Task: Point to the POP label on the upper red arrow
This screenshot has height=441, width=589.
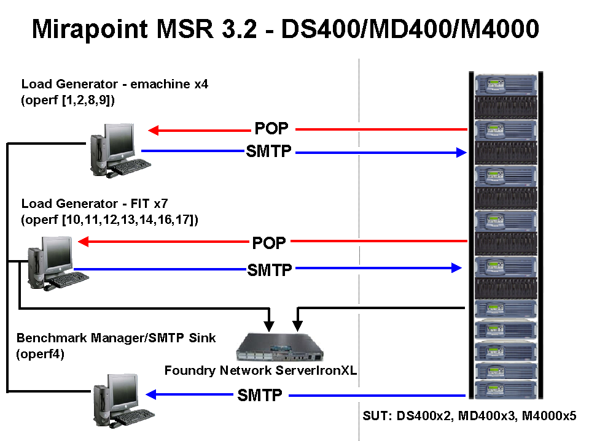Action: point(271,129)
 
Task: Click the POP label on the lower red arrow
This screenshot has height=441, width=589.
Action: point(269,243)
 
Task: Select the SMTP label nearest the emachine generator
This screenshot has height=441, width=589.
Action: point(268,151)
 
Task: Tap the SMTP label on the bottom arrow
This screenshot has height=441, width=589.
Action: point(260,395)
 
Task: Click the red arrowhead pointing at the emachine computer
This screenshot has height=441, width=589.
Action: point(154,129)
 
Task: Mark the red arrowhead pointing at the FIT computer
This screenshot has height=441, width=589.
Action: point(84,242)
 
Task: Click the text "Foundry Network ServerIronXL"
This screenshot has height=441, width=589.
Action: point(261,370)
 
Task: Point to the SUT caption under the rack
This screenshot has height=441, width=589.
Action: point(467,416)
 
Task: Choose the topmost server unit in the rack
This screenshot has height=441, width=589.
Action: point(503,83)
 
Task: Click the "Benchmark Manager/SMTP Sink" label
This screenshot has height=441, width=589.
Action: point(116,339)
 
